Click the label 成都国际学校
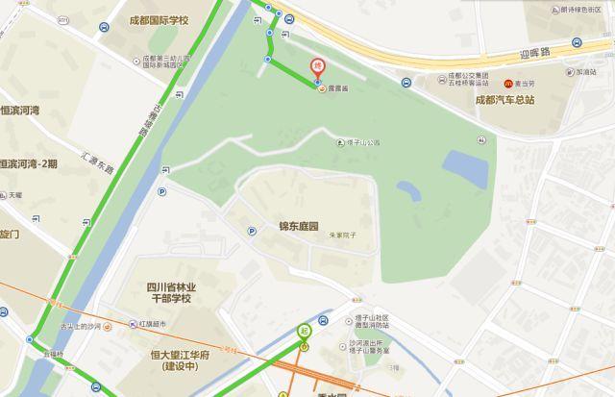tap(159, 20)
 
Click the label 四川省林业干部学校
tap(171, 291)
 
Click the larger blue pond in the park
tap(466, 168)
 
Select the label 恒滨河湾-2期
tap(29, 164)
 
